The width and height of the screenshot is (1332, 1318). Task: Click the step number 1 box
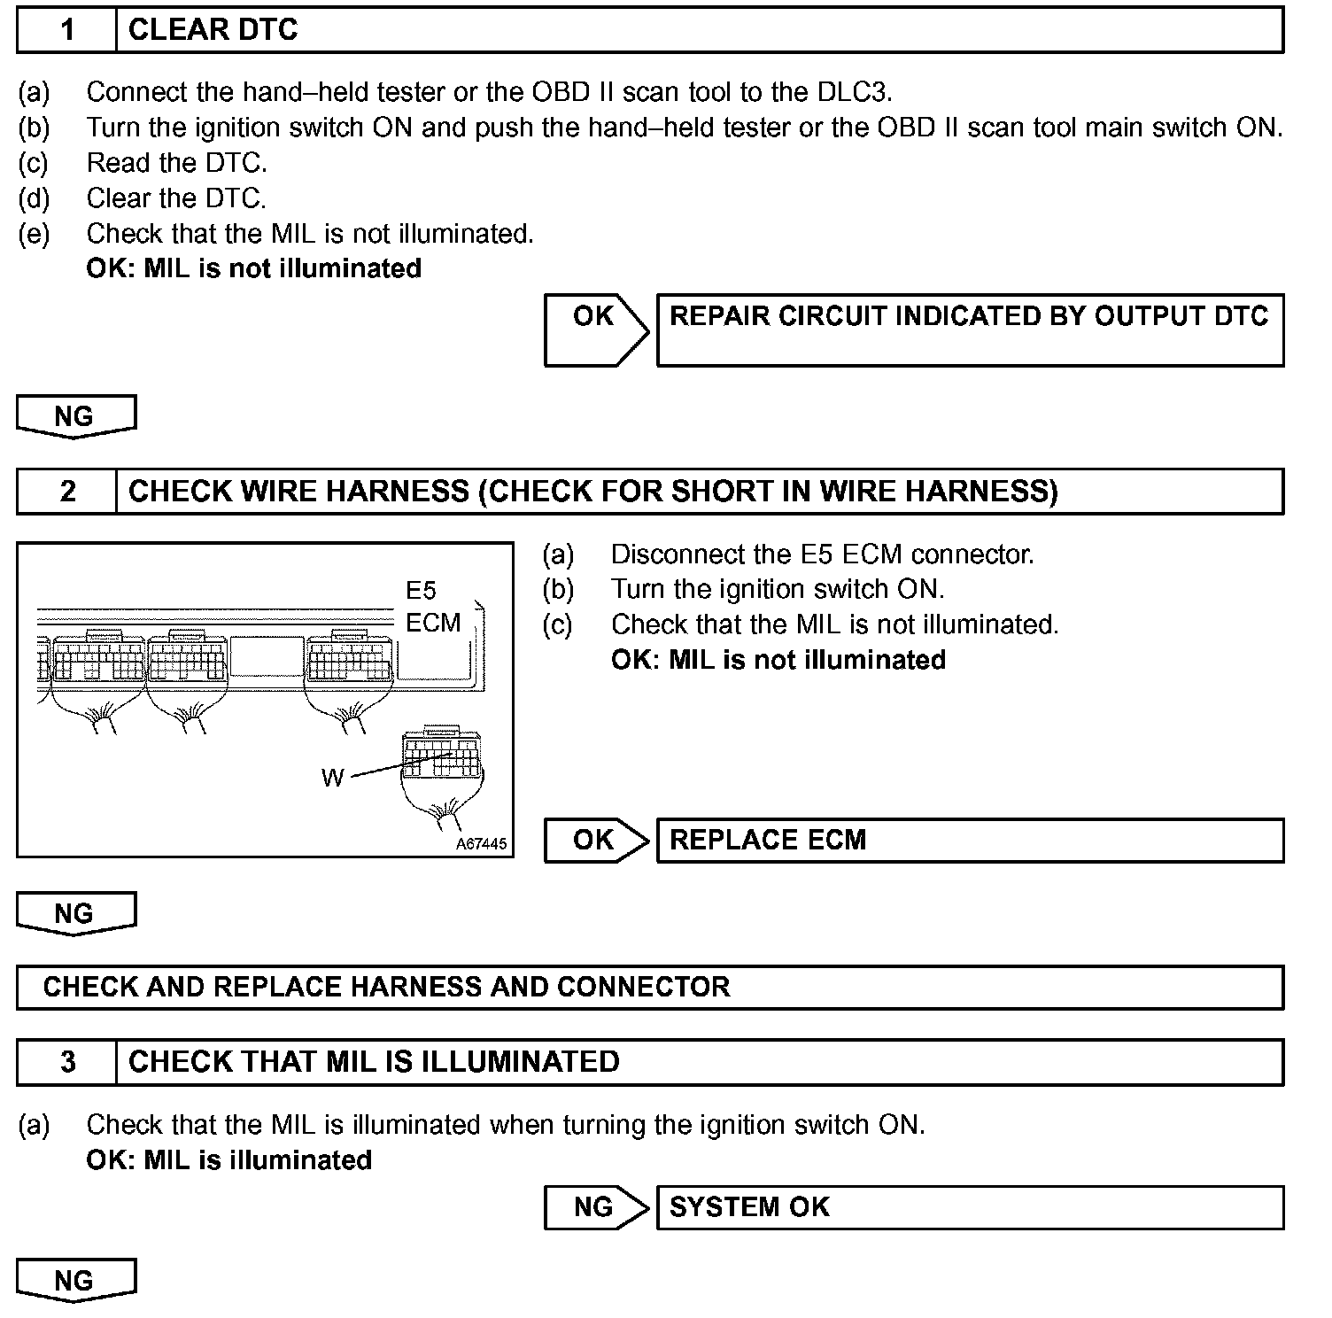67,30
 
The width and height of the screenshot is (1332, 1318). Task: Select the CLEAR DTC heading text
213,30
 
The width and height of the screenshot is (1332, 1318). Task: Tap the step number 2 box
67,492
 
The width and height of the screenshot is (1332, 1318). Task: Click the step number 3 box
67,1062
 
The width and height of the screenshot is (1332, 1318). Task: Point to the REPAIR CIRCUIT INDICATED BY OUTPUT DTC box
970,329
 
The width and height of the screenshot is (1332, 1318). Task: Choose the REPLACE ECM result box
970,841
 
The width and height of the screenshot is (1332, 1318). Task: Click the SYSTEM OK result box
970,1207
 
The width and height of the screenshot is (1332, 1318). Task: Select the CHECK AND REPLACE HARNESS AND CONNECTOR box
650,988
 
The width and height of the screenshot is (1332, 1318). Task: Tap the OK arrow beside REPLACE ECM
595,841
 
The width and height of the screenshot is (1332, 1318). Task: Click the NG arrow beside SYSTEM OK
595,1207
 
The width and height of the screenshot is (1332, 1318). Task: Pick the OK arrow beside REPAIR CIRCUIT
595,329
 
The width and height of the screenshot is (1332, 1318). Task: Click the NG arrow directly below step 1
75,416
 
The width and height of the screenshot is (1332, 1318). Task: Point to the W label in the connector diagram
332,779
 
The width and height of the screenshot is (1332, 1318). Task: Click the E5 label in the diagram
421,591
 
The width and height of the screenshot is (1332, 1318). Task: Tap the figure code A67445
481,844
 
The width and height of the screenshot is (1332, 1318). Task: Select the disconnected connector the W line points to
443,757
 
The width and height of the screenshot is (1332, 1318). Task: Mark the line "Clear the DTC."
176,198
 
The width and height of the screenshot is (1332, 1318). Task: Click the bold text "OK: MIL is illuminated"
228,1160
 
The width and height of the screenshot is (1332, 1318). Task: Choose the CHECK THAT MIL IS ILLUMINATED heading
374,1062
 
